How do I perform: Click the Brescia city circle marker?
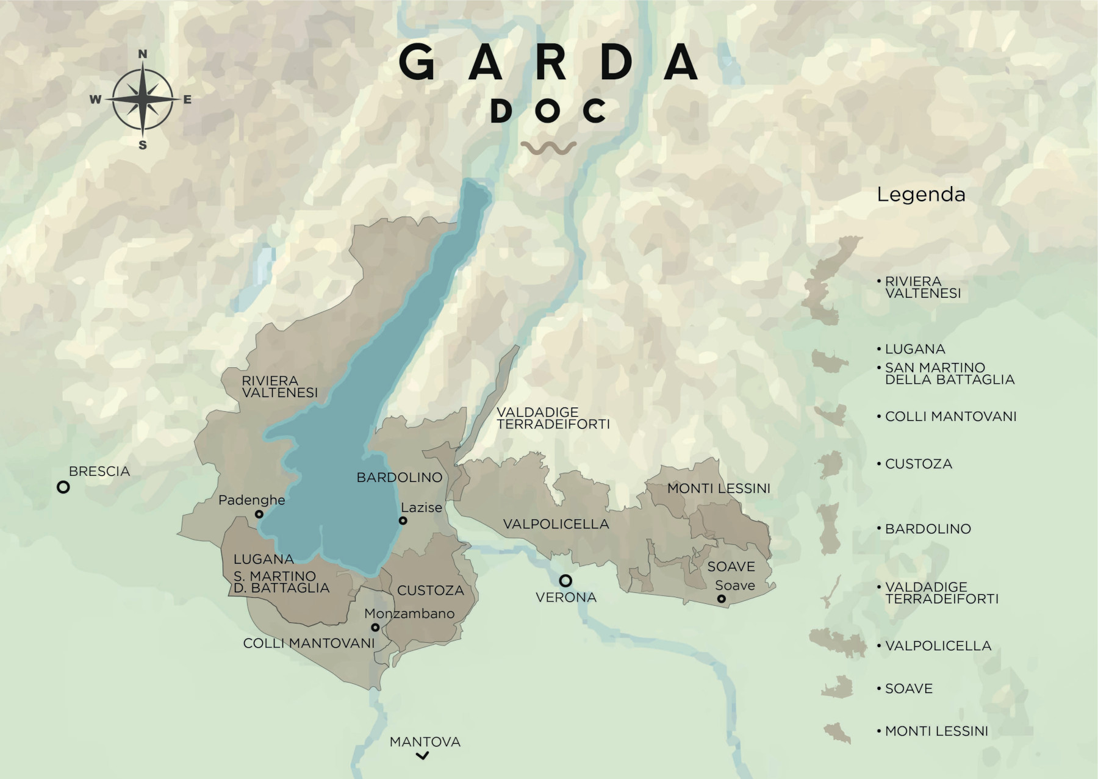coord(63,487)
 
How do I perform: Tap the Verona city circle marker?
coord(565,580)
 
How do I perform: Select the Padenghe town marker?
coord(259,514)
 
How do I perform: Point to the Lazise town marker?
coord(403,520)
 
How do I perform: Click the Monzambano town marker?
coord(375,627)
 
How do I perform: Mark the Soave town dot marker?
coord(721,599)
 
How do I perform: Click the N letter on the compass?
coord(143,54)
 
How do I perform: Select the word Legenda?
coord(920,195)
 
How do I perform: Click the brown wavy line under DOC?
coord(549,148)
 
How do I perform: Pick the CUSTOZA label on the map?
coord(430,591)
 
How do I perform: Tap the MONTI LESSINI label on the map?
coord(719,489)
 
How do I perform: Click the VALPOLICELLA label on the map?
coord(556,524)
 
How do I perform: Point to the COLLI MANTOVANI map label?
coord(309,643)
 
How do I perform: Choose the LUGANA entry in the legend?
coord(914,350)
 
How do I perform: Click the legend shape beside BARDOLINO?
coord(829,529)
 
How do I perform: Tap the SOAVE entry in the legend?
coord(908,689)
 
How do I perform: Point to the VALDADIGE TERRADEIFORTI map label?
coord(553,418)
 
